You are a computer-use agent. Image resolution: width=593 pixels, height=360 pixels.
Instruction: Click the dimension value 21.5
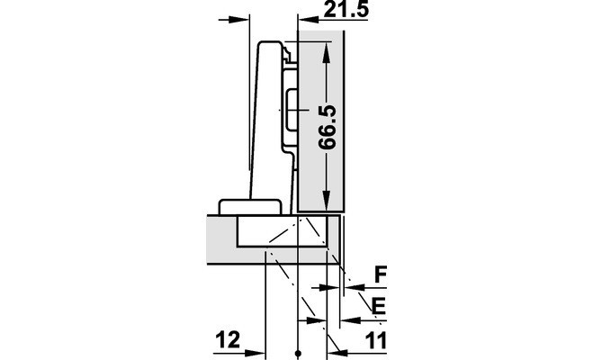point(346,9)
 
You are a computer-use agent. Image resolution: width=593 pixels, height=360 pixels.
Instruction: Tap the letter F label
point(381,274)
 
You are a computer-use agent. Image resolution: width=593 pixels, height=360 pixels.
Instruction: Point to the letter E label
point(379,306)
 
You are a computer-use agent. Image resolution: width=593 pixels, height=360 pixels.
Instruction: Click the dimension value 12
point(228,339)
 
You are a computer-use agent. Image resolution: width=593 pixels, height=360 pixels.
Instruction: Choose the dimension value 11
point(376,340)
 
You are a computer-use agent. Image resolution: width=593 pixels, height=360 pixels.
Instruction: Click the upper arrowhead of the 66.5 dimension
point(327,53)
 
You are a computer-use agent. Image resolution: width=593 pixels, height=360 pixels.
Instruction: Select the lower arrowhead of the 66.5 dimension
point(327,199)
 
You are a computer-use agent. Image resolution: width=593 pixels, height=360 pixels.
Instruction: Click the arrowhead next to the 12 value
point(255,353)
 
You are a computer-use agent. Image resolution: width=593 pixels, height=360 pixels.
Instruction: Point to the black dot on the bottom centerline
point(298,354)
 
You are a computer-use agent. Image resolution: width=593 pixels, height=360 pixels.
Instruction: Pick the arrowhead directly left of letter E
point(351,320)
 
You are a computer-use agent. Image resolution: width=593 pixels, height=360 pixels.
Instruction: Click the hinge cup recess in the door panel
point(282,231)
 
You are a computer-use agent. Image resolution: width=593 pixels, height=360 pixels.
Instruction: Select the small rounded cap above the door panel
point(250,207)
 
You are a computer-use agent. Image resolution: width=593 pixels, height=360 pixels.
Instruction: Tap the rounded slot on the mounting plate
point(292,110)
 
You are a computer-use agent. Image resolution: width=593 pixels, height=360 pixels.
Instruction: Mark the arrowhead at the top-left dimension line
point(239,19)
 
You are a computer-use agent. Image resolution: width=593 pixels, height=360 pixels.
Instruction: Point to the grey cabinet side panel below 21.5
point(320,121)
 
